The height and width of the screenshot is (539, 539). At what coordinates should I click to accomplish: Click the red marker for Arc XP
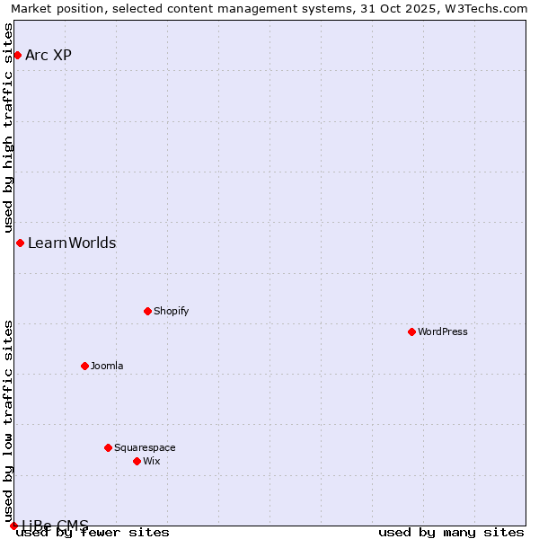(x=17, y=56)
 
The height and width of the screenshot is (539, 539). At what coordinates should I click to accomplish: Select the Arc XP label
(x=49, y=56)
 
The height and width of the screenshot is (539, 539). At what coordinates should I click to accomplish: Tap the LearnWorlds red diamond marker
(x=20, y=243)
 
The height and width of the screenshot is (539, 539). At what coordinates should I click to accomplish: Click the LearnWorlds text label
(x=72, y=243)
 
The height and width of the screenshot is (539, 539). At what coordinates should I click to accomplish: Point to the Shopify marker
(x=147, y=312)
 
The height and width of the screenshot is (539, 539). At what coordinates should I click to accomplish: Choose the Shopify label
(x=171, y=312)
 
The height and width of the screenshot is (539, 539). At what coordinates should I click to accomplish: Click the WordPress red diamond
(x=411, y=332)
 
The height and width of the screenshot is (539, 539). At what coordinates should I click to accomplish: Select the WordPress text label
(x=443, y=332)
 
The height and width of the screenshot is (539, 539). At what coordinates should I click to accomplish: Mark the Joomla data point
(x=84, y=367)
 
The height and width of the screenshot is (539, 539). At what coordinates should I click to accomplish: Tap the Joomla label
(x=107, y=367)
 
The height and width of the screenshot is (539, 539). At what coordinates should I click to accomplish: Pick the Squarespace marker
(x=108, y=448)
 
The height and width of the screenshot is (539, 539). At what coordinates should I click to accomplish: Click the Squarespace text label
(x=145, y=448)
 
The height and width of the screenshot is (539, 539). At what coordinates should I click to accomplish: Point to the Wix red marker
(x=137, y=462)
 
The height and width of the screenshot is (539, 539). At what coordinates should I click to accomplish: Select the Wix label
(x=152, y=462)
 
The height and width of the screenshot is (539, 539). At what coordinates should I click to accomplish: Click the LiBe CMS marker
(x=13, y=526)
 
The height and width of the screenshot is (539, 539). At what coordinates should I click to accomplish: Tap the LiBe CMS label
(x=55, y=526)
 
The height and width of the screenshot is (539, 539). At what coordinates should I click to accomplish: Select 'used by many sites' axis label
(x=451, y=533)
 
